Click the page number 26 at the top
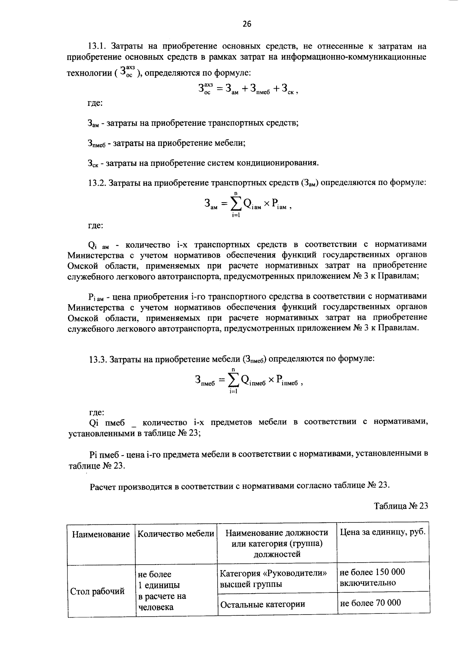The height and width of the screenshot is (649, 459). tap(247, 24)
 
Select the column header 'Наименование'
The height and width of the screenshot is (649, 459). tap(101, 534)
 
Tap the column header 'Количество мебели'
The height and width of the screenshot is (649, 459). tap(176, 534)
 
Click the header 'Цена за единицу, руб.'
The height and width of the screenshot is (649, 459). tap(382, 532)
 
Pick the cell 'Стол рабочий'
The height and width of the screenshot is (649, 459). tap(98, 591)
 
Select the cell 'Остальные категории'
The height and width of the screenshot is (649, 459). tap(262, 604)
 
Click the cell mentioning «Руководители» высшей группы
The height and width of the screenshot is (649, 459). tap(274, 579)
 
